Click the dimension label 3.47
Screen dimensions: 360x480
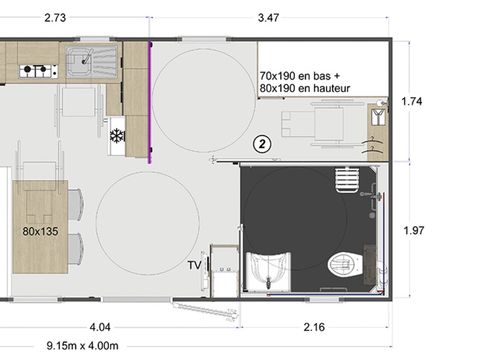pyautogui.click(x=269, y=17)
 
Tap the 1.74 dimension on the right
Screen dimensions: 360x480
pyautogui.click(x=413, y=101)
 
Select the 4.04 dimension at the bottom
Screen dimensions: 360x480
pyautogui.click(x=100, y=326)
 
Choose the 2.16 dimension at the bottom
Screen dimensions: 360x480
pyautogui.click(x=315, y=326)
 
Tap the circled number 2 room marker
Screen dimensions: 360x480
pyautogui.click(x=262, y=144)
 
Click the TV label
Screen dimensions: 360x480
pyautogui.click(x=194, y=265)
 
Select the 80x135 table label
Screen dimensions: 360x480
pyautogui.click(x=39, y=230)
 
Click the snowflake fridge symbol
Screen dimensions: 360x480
pyautogui.click(x=116, y=135)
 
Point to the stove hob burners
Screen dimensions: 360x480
pyautogui.click(x=39, y=70)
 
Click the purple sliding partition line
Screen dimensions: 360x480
pyautogui.click(x=149, y=100)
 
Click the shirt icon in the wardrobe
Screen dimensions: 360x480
pyautogui.click(x=376, y=116)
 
